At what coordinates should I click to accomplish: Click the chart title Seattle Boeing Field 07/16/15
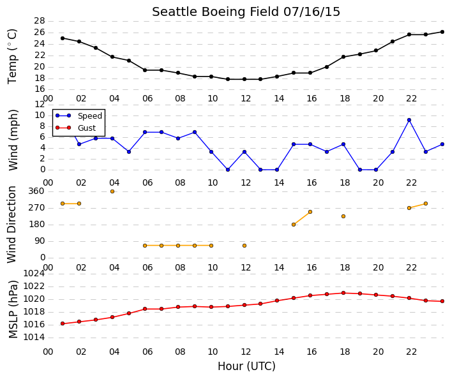[246, 12]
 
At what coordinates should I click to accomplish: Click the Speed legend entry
[79, 116]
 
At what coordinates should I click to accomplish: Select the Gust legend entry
[76, 128]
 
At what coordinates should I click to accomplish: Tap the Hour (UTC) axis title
[246, 366]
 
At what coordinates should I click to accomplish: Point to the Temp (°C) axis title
[12, 57]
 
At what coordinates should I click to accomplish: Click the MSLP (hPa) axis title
[13, 309]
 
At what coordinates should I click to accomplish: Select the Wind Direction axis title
[11, 225]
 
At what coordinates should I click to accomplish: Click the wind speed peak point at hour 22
[409, 120]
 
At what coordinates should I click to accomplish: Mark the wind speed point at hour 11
[228, 170]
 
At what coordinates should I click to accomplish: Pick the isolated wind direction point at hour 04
[112, 191]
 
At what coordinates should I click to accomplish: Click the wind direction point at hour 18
[343, 216]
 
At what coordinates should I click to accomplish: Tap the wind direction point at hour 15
[294, 225]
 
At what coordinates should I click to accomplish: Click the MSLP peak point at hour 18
[343, 293]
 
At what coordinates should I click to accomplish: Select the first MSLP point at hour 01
[63, 323]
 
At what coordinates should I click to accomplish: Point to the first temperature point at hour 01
[63, 38]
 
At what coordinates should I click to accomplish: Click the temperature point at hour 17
[327, 67]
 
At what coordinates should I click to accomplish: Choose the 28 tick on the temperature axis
[40, 21]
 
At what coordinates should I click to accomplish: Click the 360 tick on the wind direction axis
[36, 191]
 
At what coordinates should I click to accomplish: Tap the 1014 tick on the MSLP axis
[34, 337]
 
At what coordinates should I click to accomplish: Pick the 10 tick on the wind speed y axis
[40, 115]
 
